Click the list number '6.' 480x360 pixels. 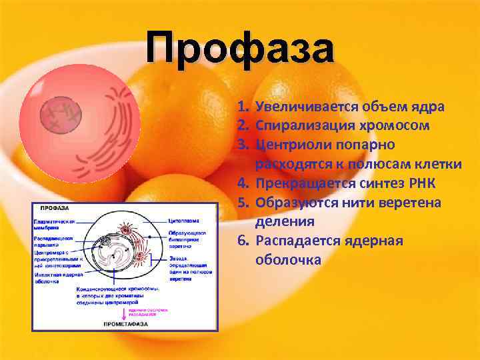click(x=243, y=240)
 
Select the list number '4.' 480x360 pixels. click(x=243, y=183)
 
